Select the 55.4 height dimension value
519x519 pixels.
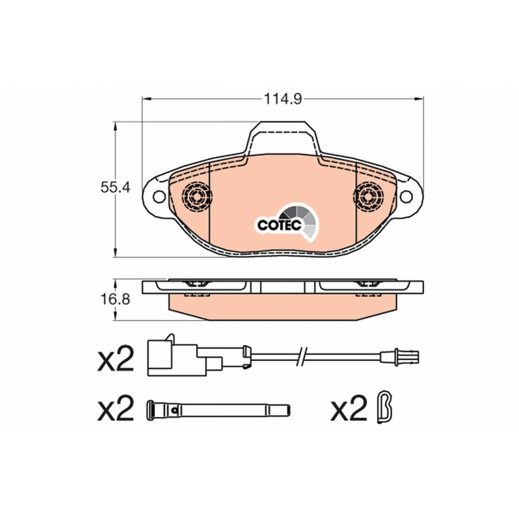[115, 188]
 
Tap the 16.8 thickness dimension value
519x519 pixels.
[115, 299]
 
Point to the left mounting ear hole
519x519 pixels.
[159, 196]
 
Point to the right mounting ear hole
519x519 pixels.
[407, 196]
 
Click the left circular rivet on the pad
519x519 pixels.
[197, 196]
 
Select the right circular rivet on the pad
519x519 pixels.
[369, 196]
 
